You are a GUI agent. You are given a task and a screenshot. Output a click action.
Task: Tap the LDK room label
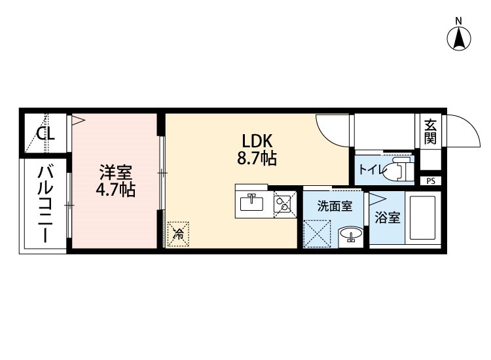[257, 141]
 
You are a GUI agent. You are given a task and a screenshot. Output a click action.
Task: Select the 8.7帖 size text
[257, 158]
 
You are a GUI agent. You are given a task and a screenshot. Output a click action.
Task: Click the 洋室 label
[115, 172]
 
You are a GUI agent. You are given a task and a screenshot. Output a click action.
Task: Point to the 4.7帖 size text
[115, 189]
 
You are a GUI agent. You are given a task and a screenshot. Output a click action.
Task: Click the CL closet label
[45, 134]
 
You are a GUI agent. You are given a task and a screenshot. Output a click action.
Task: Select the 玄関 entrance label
[430, 132]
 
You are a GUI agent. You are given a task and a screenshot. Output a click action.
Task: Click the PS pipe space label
[431, 181]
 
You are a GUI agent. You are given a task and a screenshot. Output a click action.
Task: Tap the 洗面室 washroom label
[335, 206]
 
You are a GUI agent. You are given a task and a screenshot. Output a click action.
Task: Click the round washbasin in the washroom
[351, 234]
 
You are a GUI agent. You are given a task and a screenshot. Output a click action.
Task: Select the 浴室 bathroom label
[388, 218]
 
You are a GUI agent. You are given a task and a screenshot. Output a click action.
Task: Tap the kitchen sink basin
[252, 203]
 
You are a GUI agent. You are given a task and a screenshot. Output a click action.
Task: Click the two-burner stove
[285, 204]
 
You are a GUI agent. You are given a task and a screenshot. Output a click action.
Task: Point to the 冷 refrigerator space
[179, 234]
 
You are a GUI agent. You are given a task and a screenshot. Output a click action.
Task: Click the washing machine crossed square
[318, 234]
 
